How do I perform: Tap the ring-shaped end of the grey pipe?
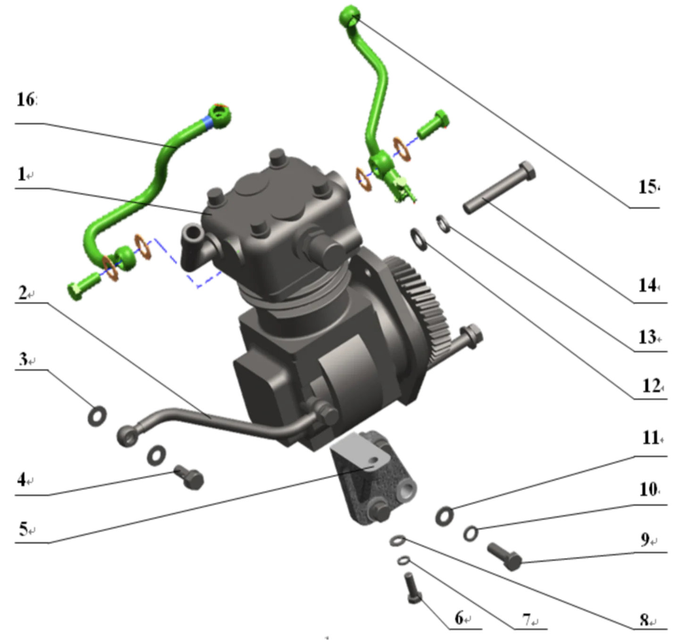point(128,434)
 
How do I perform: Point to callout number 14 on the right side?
point(649,284)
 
